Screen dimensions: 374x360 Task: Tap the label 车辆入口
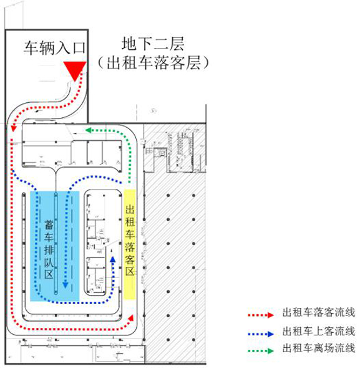point(53,47)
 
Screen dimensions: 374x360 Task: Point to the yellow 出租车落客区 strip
point(130,243)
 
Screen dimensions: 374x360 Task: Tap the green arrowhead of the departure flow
point(89,130)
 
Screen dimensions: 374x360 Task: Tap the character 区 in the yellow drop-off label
point(130,272)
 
